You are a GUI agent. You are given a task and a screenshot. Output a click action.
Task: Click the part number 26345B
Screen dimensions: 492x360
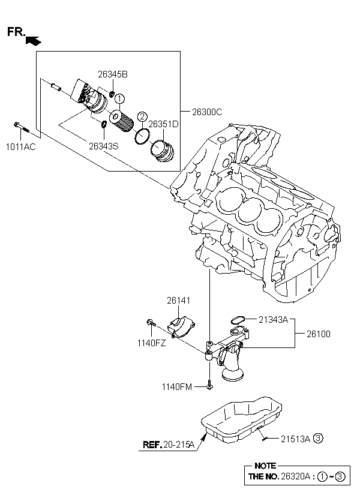pos(113,75)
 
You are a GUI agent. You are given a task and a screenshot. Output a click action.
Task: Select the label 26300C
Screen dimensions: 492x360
pos(207,112)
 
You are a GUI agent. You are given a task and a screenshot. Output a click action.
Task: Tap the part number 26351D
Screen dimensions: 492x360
pos(164,124)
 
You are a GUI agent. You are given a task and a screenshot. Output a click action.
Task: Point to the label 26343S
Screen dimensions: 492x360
pos(104,145)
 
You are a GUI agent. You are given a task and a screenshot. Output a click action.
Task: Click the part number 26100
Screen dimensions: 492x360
pos(319,334)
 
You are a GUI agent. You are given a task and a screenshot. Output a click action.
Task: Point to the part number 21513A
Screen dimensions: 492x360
pos(296,439)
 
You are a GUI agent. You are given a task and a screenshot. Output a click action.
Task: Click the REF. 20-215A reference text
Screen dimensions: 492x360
pos(169,445)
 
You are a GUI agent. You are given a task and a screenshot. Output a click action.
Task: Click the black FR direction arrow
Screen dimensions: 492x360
pos(34,40)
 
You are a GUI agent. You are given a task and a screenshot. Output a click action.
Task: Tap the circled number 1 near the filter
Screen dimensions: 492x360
pos(119,98)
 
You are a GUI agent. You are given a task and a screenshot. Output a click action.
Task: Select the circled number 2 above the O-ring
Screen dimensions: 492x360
pos(142,116)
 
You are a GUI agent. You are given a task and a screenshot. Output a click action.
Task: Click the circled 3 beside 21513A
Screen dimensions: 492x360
pos(319,438)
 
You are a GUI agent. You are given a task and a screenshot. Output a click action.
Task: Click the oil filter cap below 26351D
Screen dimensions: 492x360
pos(162,149)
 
